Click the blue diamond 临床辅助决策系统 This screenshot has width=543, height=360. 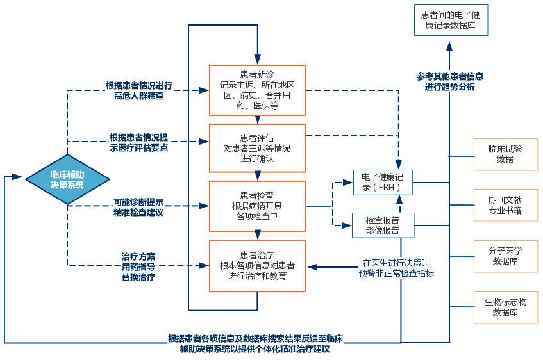[67, 179]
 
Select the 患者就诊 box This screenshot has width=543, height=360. [257, 90]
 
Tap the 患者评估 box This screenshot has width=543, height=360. [257, 148]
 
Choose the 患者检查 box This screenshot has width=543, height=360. [257, 206]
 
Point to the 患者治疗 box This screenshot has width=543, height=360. [257, 265]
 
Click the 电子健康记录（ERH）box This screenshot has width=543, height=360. [382, 183]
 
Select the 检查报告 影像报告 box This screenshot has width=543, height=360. [382, 225]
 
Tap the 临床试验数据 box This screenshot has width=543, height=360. [505, 154]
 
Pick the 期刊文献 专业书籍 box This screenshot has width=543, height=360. [505, 205]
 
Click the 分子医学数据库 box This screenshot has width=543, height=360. [505, 256]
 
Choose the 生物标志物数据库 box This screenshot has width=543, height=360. [505, 307]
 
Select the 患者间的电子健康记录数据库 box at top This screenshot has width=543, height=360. [450, 19]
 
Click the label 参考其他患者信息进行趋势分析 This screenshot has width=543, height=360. [450, 81]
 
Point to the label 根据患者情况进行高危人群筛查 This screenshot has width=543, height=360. [139, 90]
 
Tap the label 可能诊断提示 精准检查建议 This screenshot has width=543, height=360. [138, 206]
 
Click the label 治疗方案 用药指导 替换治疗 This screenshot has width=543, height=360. [138, 266]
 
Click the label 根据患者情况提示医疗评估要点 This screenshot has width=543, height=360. [139, 142]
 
